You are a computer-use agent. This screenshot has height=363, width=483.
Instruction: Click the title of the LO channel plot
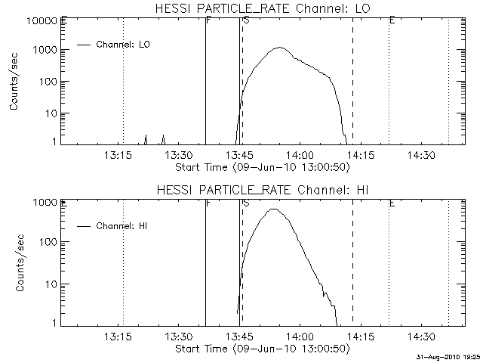(262, 8)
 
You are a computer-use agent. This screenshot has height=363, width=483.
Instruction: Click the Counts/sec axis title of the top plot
(15, 82)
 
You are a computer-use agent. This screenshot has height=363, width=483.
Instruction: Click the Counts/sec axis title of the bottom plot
(15, 263)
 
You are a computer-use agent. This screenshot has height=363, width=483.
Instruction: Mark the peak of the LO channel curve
(280, 48)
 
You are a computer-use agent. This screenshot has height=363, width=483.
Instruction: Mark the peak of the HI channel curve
(272, 209)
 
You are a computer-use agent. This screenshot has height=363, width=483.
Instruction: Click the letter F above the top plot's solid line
(208, 20)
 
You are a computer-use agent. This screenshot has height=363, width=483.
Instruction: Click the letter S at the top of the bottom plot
(246, 203)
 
